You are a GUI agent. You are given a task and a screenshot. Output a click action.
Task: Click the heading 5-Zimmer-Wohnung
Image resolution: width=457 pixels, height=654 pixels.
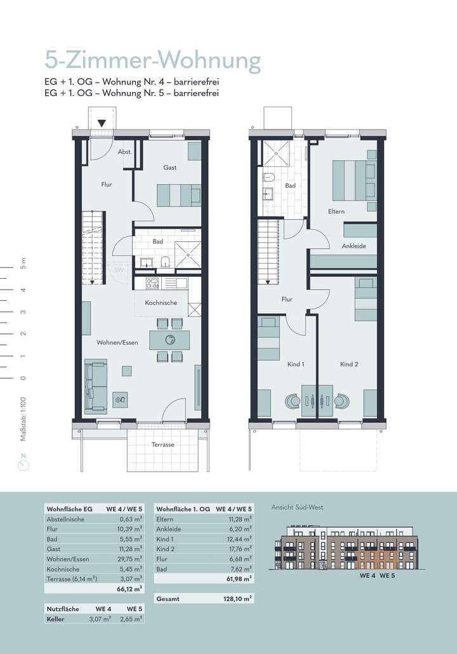click(x=152, y=61)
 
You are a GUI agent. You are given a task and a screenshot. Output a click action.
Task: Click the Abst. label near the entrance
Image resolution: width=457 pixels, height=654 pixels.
click(x=124, y=152)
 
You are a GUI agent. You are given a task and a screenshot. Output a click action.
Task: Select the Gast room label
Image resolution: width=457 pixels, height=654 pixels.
click(x=169, y=168)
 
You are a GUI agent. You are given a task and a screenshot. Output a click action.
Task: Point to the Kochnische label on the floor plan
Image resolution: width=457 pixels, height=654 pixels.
click(x=161, y=303)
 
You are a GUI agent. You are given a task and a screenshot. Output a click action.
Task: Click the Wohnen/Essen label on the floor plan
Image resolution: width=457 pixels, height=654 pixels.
click(x=117, y=343)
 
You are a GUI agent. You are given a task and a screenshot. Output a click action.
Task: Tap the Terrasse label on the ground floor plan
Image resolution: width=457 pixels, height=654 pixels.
click(x=162, y=445)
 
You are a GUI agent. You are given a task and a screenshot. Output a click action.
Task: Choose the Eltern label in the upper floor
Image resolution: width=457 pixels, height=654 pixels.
click(x=336, y=211)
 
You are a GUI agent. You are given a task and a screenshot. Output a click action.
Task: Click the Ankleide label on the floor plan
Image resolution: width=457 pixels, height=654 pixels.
click(x=354, y=246)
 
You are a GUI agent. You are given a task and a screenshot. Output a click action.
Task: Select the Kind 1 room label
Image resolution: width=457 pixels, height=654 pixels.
click(x=295, y=364)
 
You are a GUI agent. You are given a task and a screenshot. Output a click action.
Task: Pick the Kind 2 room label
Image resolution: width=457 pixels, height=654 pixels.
click(x=349, y=364)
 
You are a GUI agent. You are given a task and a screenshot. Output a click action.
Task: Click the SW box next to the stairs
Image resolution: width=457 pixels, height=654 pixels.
click(x=118, y=270)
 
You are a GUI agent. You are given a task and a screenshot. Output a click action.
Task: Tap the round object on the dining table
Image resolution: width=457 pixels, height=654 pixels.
click(x=169, y=339)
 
